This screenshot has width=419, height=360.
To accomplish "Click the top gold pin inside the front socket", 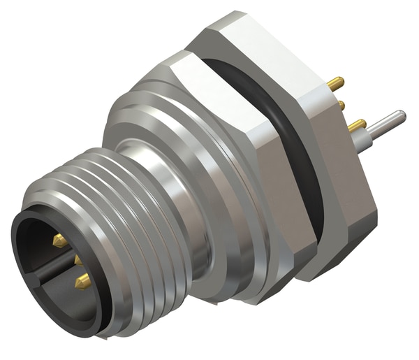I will click(59, 241).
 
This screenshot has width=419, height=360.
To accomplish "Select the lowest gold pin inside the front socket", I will click(82, 281).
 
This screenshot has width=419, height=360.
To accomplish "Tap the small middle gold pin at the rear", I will click(341, 105).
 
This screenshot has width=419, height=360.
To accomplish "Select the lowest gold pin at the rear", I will click(357, 125).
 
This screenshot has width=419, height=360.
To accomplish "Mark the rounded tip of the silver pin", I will click(400, 116).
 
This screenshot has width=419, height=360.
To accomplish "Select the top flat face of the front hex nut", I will click(209, 77).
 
